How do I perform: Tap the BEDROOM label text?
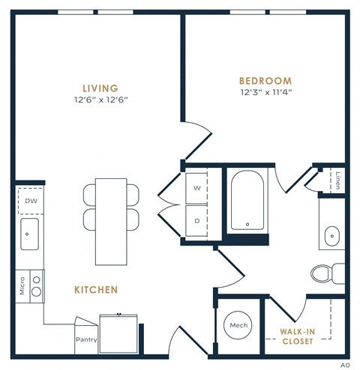tap(265, 81)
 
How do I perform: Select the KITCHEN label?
tap(95, 288)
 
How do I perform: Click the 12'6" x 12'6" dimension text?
tap(100, 100)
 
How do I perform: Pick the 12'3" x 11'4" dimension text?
tap(265, 93)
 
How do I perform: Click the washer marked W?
tap(198, 188)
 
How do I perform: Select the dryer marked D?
tap(198, 222)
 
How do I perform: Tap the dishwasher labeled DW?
tap(31, 201)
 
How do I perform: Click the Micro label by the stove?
tap(22, 285)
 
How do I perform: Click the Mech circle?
tap(238, 326)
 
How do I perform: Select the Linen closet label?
tap(339, 181)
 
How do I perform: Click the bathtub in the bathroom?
tap(246, 201)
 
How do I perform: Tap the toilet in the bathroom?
tap(325, 273)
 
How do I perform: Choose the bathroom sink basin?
tap(332, 237)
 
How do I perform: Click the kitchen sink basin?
tap(31, 234)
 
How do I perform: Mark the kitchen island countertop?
tap(111, 217)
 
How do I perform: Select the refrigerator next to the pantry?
tap(120, 333)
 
